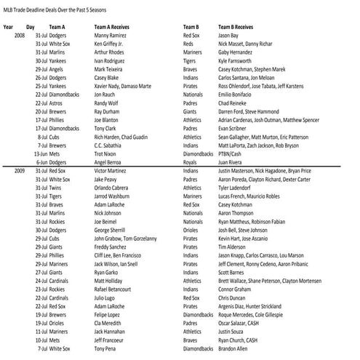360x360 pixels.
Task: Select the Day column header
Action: pos(31,26)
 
